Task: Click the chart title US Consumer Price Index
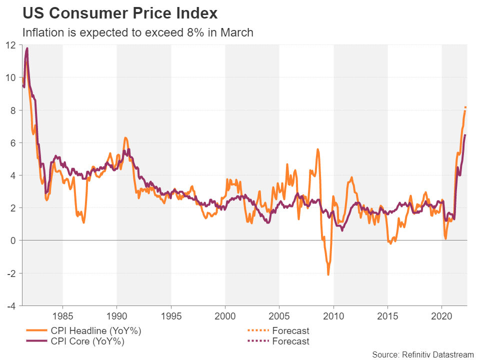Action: click(x=120, y=13)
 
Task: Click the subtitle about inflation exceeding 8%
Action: click(x=138, y=33)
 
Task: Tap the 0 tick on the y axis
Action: click(x=14, y=240)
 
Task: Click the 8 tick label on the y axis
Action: click(x=14, y=110)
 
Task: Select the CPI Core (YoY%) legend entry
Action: click(x=80, y=342)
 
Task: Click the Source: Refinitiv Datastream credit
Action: click(x=422, y=354)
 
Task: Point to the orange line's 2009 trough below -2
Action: click(x=328, y=274)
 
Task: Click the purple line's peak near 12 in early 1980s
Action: click(x=26, y=48)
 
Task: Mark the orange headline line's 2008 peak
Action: click(x=317, y=149)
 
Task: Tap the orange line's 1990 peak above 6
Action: click(x=125, y=137)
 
